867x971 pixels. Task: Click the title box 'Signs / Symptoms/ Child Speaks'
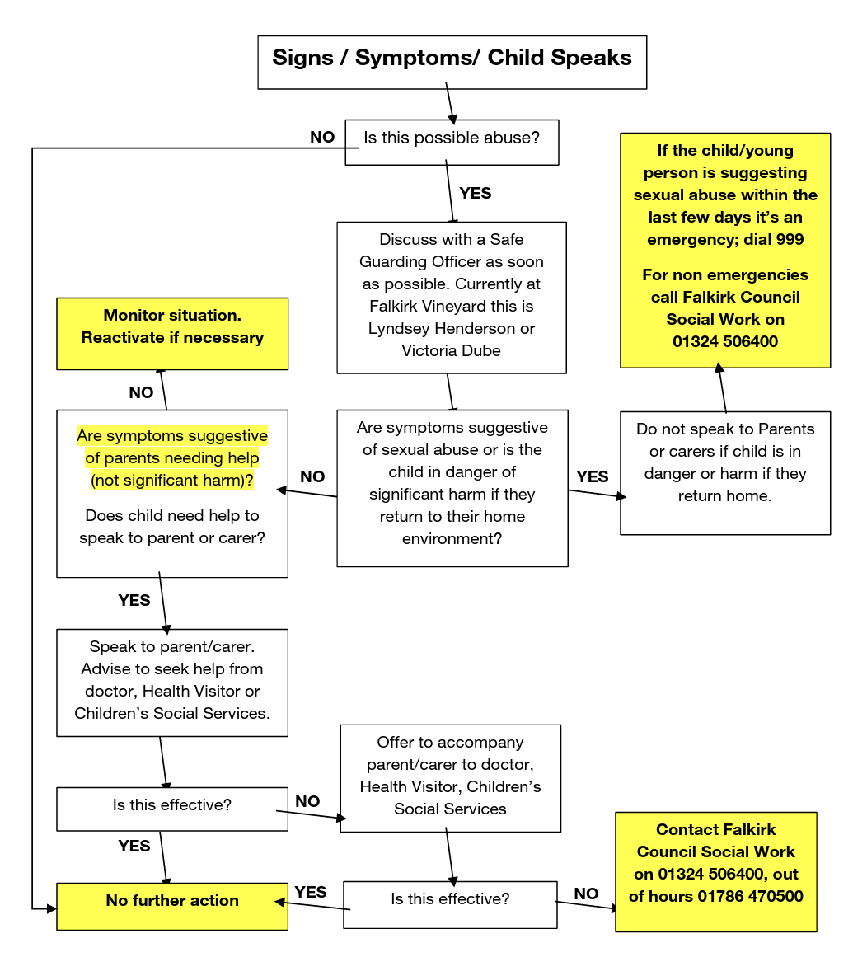tap(452, 62)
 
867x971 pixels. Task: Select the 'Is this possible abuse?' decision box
tap(452, 142)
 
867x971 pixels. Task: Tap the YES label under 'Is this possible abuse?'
tap(475, 193)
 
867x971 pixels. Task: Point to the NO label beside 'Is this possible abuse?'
tap(322, 137)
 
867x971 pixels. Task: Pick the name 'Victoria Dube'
tap(451, 350)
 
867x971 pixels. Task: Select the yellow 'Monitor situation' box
tap(172, 333)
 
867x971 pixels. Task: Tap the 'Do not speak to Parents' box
tap(725, 472)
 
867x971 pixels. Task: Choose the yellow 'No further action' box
tap(172, 906)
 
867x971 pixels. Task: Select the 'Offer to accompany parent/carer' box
tap(450, 777)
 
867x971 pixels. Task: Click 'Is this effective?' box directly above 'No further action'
tap(172, 809)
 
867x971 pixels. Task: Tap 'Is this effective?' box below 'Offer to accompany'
tap(450, 903)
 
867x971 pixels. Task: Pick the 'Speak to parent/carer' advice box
tap(172, 682)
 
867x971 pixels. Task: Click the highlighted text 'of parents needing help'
tap(172, 457)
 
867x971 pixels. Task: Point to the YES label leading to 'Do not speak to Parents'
tap(592, 476)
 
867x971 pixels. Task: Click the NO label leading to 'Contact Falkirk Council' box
tap(586, 894)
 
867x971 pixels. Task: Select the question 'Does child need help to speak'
tap(172, 527)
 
